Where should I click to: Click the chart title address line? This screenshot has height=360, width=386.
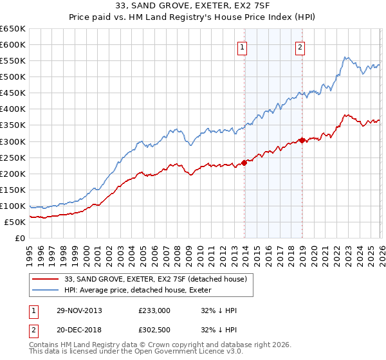pos(192,6)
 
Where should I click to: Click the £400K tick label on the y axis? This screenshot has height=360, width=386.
pos(13,109)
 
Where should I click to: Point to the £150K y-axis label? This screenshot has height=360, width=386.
pos(13,190)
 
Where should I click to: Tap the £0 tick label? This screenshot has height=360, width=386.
pos(20,238)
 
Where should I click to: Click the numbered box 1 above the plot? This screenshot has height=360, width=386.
pos(243,46)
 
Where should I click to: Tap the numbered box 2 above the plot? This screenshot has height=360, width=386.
pos(300,46)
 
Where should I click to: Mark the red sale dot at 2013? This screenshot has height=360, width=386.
pos(244,163)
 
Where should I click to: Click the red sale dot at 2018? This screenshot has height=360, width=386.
pos(302,140)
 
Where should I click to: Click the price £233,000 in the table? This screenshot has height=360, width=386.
pos(154,310)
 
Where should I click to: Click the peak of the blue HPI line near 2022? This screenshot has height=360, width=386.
pos(345,57)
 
